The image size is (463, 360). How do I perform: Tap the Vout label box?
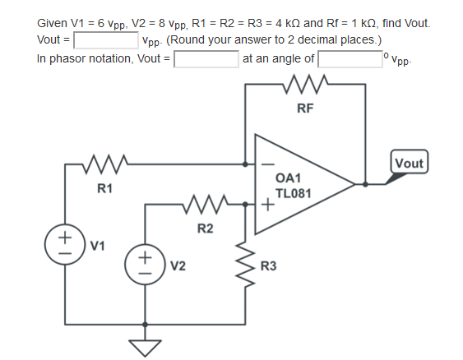409,162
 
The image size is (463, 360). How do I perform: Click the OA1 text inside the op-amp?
289,178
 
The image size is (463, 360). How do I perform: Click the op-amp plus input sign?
267,205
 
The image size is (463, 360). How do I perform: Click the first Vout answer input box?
105,40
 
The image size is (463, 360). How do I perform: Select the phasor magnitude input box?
206,59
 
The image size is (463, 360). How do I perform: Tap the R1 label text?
104,189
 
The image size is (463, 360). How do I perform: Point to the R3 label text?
268,265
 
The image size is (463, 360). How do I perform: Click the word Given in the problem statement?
53,24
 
